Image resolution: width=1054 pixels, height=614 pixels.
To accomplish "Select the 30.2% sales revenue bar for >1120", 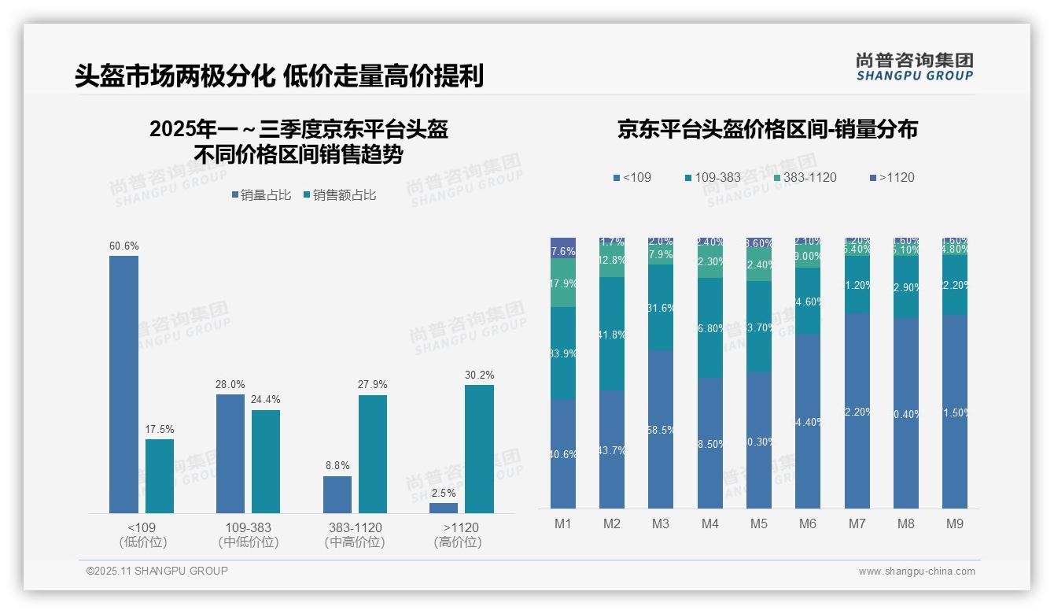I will coord(479,449).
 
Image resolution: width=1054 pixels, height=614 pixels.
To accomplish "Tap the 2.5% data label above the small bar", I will coord(444,494).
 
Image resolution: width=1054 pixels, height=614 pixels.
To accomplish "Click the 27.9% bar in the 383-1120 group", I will coord(373,454).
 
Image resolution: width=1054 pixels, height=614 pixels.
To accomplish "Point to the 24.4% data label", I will coord(266,400).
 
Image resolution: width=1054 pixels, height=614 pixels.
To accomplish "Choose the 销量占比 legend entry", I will coord(262,195).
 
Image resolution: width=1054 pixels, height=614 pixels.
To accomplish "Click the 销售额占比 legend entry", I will coord(339,195).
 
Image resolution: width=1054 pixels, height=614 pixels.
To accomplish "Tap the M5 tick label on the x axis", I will coord(758,523).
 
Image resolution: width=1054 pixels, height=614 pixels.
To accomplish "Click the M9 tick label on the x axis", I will coord(954,523).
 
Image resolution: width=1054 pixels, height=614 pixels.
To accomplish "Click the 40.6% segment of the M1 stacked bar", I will coord(563,453).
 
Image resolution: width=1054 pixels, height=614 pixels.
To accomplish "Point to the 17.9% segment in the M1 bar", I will coord(563,283).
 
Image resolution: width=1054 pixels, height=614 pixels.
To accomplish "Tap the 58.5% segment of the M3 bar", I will coord(661,429).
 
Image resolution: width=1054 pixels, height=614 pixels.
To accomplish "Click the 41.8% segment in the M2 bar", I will coord(612,334).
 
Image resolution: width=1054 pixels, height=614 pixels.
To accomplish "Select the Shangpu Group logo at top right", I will coord(915,67).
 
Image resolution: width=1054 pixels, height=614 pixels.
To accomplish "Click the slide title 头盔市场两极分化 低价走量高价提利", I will coord(278,76).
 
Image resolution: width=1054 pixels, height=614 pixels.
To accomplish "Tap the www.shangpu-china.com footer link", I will coord(916,571).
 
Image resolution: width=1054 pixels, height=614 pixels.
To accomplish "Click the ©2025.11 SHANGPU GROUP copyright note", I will coord(157,571).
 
